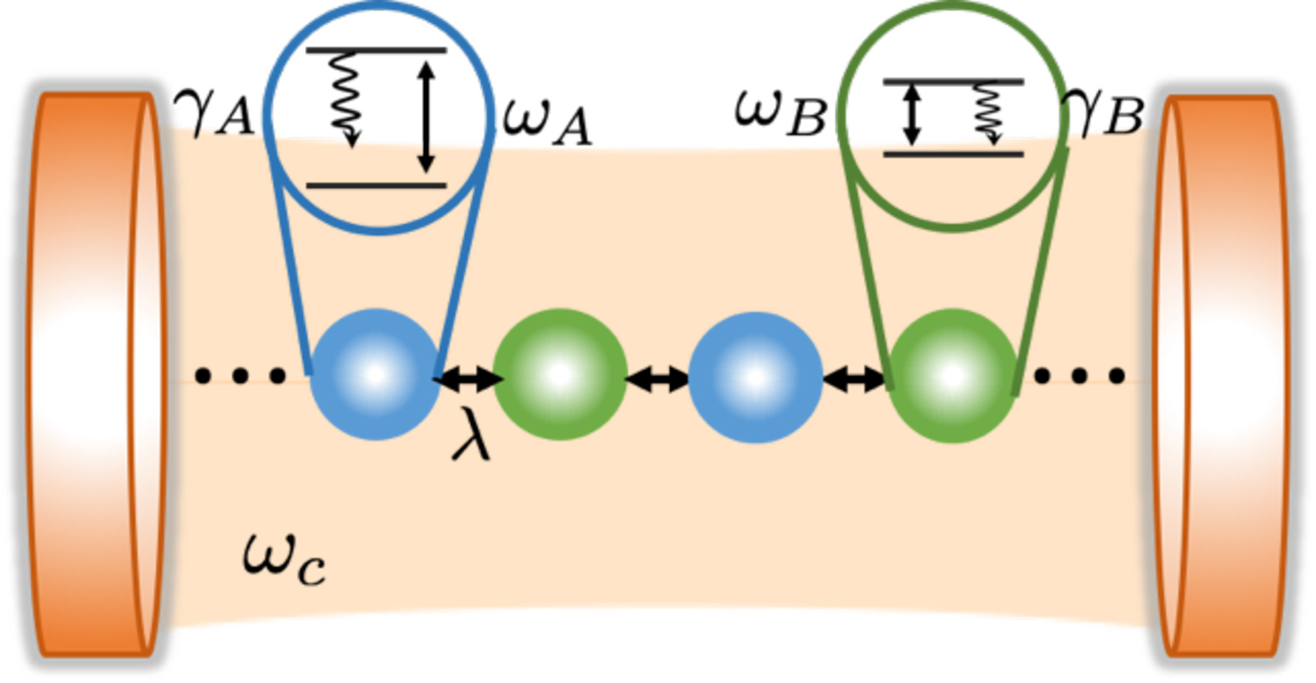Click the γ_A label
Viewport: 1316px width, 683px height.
click(214, 114)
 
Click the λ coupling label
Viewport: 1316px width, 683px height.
click(471, 436)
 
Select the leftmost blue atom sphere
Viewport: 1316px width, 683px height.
click(375, 375)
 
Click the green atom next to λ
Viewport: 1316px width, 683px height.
click(559, 375)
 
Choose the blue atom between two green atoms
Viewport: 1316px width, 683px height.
click(754, 377)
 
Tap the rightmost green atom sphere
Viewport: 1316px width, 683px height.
click(952, 376)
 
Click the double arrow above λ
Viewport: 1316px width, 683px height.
click(468, 380)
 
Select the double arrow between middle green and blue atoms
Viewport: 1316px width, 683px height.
click(658, 380)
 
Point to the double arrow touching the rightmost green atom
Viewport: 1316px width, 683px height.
click(854, 380)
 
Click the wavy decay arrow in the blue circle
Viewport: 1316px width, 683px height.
click(344, 100)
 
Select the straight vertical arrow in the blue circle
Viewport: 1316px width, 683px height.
click(426, 117)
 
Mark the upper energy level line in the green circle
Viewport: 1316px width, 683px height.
click(953, 81)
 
